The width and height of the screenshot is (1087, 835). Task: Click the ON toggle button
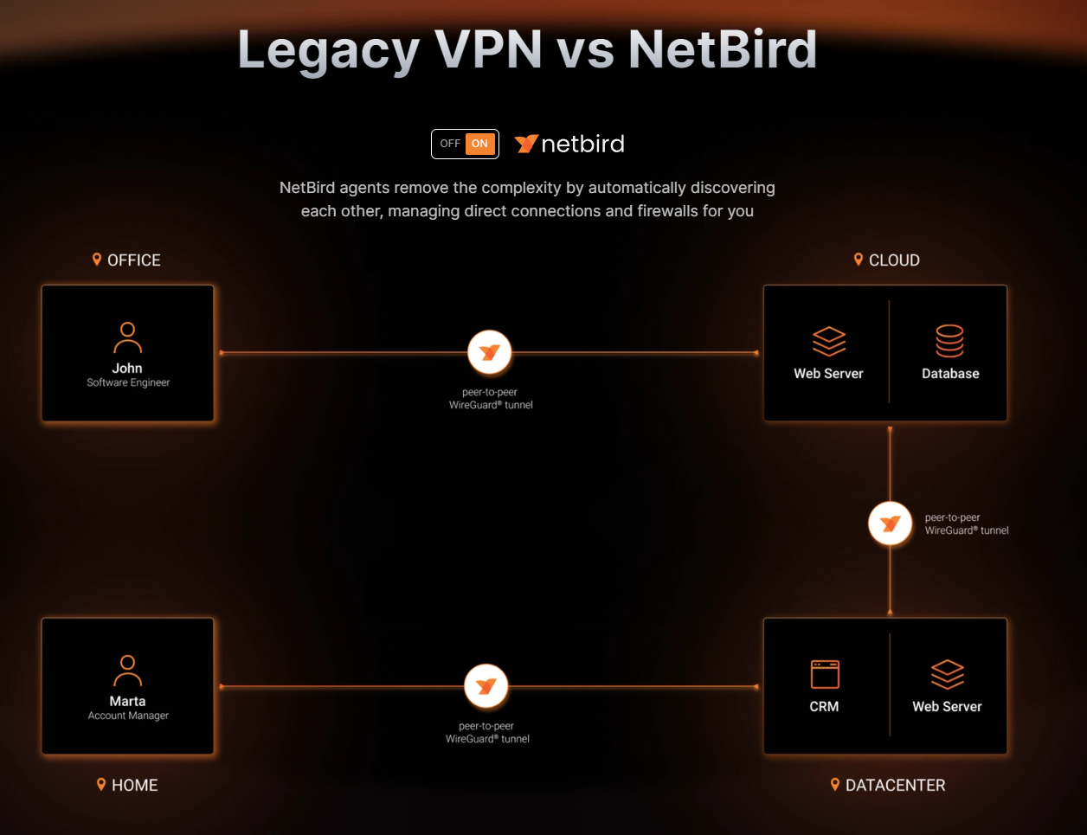tap(479, 144)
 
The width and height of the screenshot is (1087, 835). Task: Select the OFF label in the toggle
tap(450, 144)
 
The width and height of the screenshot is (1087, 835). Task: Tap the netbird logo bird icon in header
tap(526, 144)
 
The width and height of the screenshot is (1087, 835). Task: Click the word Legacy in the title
tap(328, 50)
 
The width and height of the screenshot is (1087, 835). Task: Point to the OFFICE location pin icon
tap(97, 260)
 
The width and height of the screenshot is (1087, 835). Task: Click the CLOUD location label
tap(894, 260)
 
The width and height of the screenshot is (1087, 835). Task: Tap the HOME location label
tap(135, 786)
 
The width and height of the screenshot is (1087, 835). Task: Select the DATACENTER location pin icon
tap(835, 785)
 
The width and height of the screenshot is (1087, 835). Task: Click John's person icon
tap(127, 337)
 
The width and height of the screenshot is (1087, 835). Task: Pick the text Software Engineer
tap(128, 382)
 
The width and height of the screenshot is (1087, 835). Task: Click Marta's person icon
tap(127, 671)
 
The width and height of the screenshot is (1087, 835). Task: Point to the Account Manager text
tap(128, 716)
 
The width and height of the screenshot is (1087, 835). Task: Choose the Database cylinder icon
tap(949, 341)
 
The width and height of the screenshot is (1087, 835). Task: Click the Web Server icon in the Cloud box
tap(829, 341)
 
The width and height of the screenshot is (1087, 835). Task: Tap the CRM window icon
tap(825, 674)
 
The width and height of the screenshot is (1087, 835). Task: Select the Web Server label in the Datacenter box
tap(947, 707)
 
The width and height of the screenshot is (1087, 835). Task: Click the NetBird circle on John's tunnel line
tap(490, 352)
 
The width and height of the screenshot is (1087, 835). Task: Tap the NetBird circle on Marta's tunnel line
tap(486, 686)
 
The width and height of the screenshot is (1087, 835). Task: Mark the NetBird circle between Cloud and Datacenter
tap(890, 523)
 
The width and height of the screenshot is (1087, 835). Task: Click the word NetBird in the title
tap(723, 50)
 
